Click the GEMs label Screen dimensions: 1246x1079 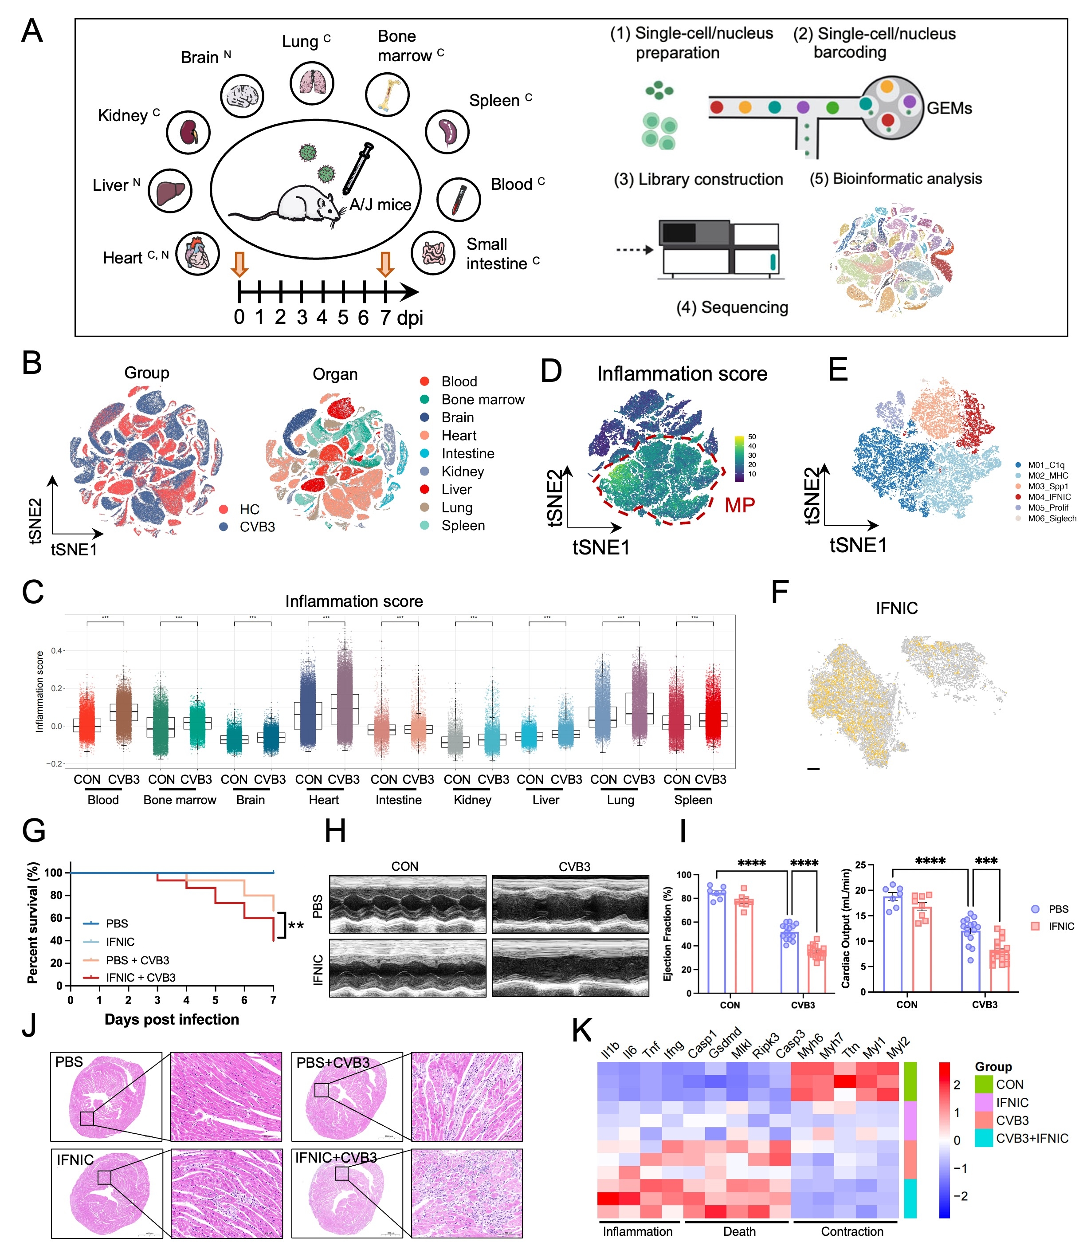[949, 108]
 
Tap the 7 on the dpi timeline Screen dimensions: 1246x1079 [385, 317]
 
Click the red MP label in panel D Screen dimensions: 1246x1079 [739, 505]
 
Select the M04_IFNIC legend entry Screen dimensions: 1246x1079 [1048, 497]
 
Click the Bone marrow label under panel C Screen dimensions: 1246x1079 [180, 800]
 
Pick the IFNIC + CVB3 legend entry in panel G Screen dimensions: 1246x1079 [140, 977]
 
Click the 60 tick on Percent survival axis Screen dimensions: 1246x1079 [55, 918]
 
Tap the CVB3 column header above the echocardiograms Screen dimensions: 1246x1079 [574, 867]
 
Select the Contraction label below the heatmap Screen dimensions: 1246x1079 [852, 1231]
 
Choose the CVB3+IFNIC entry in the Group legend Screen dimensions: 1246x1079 [1032, 1138]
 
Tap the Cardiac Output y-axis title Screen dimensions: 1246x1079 [845, 928]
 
